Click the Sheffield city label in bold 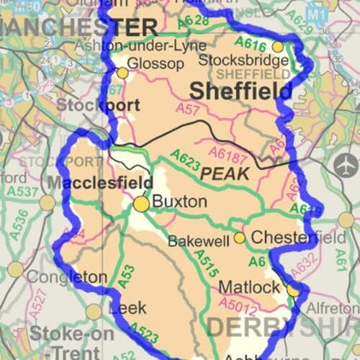pos(241,91)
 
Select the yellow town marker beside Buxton pos(141,205)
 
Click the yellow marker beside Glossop pos(123,73)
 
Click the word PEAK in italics pos(225,174)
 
